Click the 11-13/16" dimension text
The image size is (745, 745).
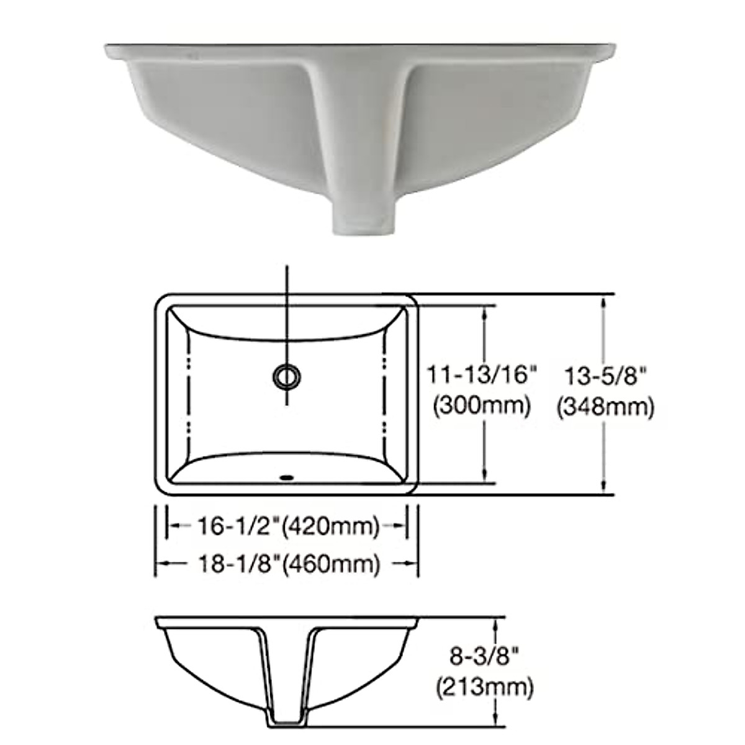click(x=482, y=376)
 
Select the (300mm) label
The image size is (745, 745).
click(x=482, y=406)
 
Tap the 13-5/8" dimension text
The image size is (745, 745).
click(x=606, y=376)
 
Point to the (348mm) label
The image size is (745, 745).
click(x=606, y=407)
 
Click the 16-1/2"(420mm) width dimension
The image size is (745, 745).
click(x=287, y=526)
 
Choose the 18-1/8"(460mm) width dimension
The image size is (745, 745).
click(x=287, y=564)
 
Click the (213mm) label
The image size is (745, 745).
click(x=485, y=687)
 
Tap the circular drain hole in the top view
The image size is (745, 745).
click(x=286, y=376)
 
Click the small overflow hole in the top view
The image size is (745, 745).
click(x=286, y=477)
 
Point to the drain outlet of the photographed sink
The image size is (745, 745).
click(x=364, y=223)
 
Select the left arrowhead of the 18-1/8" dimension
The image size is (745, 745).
click(x=160, y=563)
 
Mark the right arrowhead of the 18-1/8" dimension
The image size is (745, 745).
click(x=412, y=563)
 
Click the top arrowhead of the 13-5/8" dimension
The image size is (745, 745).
click(x=603, y=300)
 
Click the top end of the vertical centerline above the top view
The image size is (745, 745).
click(x=286, y=267)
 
